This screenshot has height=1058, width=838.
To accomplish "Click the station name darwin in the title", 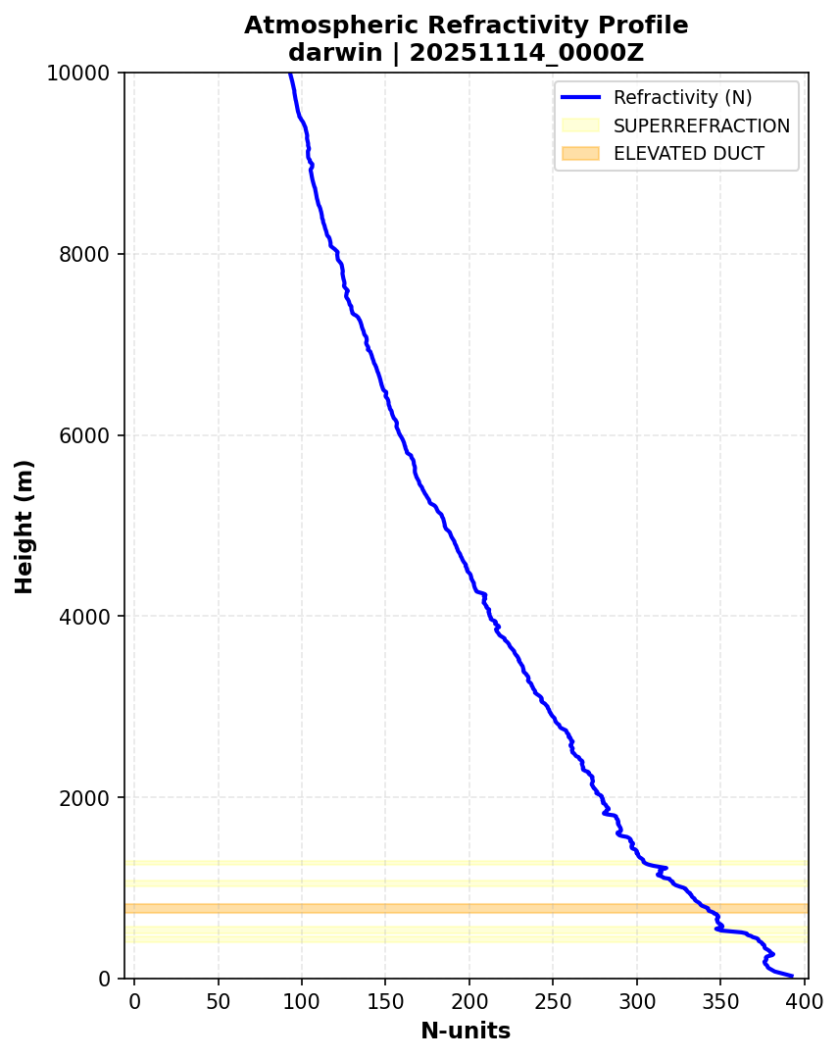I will [334, 53].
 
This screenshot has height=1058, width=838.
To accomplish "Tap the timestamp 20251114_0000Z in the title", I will [526, 53].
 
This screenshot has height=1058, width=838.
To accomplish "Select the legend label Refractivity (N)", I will [682, 98].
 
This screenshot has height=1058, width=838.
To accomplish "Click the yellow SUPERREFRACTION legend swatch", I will [580, 126].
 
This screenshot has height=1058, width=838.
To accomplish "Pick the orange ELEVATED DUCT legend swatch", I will [580, 153].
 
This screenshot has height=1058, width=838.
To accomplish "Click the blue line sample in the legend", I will [580, 98].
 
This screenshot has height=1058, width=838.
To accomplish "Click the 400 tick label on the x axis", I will [804, 1000].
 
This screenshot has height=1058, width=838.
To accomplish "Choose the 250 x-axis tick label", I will [553, 1000].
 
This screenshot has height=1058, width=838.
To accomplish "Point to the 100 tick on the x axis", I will [301, 1000].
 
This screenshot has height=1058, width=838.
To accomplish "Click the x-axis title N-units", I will [466, 1031].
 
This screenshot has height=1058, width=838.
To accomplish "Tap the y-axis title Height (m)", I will [25, 526].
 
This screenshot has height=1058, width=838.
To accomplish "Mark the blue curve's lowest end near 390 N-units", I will [791, 976].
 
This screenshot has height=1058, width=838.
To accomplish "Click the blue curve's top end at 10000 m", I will [289, 75].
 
